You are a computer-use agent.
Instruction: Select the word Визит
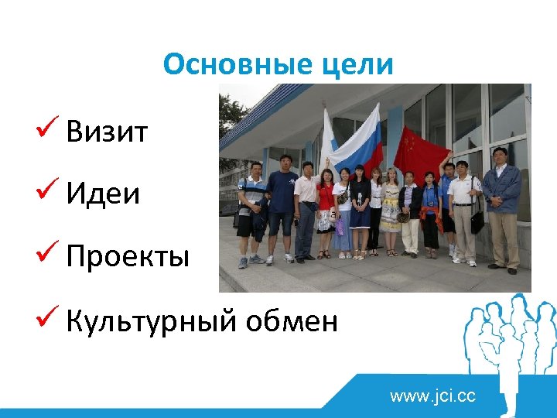(x=107, y=132)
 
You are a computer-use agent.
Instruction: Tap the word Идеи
(x=103, y=194)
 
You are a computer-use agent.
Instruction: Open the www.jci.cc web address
(x=433, y=397)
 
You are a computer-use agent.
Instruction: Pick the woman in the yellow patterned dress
(x=391, y=209)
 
